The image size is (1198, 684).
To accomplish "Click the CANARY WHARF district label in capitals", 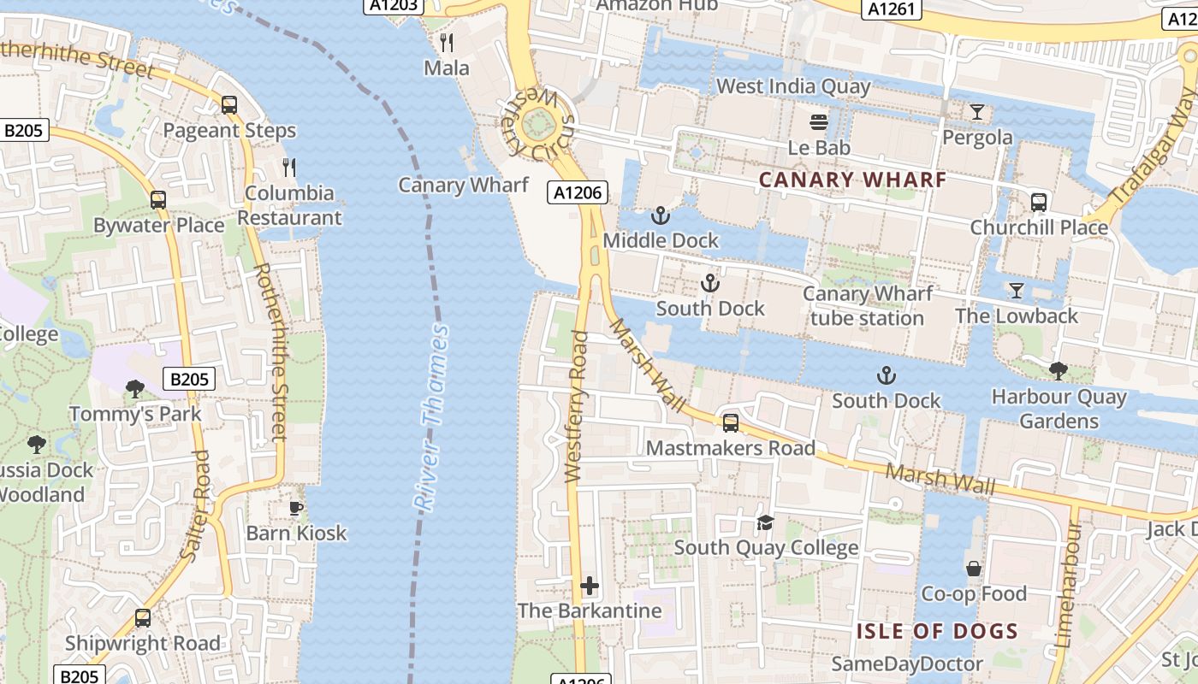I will (852, 180).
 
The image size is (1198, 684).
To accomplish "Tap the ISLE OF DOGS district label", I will (937, 632).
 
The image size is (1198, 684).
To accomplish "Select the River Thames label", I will (433, 418).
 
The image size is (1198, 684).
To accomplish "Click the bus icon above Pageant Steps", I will (228, 105).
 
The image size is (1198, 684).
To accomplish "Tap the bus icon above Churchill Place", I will (1038, 203).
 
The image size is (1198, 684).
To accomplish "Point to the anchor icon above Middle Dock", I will (660, 215).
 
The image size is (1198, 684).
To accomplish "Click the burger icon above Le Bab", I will (819, 122).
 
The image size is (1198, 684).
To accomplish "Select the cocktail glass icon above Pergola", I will (976, 112).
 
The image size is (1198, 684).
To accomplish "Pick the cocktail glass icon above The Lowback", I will (1016, 291).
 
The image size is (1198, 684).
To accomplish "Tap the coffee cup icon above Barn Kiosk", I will (296, 508).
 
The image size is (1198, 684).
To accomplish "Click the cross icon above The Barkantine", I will (590, 586).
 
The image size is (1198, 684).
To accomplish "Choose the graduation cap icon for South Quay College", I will (765, 522).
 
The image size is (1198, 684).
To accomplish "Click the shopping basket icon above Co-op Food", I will (973, 569).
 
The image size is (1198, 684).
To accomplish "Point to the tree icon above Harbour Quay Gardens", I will (1058, 371).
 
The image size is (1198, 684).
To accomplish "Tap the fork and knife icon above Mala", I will (446, 42).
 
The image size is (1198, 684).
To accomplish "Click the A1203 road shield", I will (394, 5).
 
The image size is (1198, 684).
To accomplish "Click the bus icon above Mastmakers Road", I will (730, 422).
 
